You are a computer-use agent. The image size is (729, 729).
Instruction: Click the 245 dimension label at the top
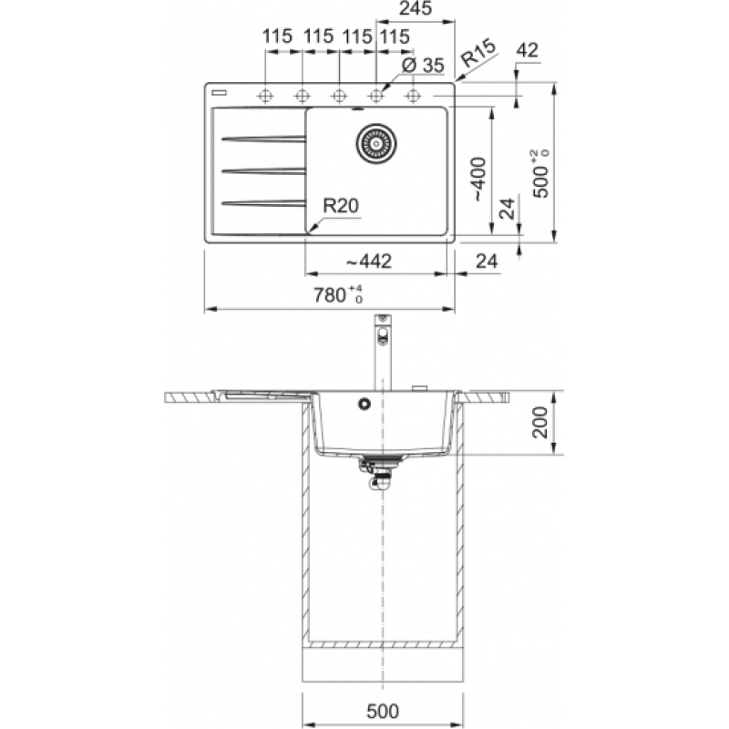click(416, 8)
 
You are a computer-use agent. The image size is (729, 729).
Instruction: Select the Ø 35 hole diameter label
click(423, 65)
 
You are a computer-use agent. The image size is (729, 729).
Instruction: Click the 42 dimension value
click(527, 50)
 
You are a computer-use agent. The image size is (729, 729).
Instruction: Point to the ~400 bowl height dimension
click(479, 179)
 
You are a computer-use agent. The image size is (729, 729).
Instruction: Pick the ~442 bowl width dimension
click(369, 262)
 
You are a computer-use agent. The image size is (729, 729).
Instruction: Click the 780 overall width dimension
click(337, 294)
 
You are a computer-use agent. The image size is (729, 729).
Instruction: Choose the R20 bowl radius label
click(341, 206)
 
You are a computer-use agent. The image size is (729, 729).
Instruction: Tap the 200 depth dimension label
click(540, 422)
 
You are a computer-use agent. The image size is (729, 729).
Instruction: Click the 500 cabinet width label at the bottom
click(382, 712)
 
